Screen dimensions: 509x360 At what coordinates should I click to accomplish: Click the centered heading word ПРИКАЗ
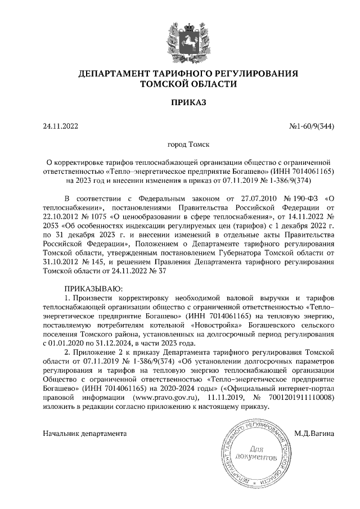pos(179,103)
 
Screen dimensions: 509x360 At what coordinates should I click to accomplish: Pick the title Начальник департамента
pos(85,434)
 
